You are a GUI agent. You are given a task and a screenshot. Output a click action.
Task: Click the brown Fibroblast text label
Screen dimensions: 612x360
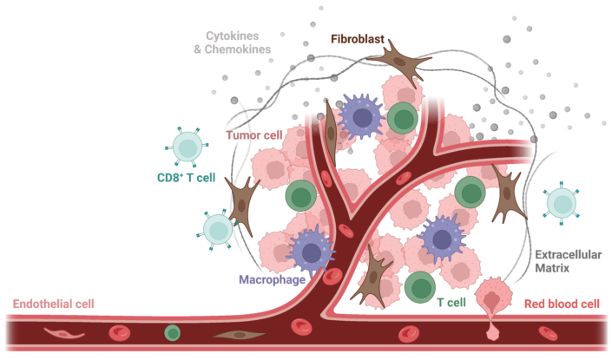pyautogui.click(x=358, y=39)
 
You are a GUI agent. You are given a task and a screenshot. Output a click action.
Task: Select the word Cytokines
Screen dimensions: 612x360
pyautogui.click(x=233, y=36)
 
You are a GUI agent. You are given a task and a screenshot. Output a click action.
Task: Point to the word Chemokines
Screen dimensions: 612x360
pyautogui.click(x=238, y=49)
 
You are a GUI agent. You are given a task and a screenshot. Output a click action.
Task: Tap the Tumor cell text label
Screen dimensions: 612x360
pyautogui.click(x=254, y=135)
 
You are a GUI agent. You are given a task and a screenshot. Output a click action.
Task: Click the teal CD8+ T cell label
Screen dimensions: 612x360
pyautogui.click(x=186, y=178)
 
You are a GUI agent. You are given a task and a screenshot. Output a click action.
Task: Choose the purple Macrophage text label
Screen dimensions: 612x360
pyautogui.click(x=272, y=279)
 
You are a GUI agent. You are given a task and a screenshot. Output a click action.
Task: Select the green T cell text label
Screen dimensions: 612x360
pyautogui.click(x=451, y=303)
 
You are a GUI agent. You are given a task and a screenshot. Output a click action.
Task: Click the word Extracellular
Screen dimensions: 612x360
pyautogui.click(x=568, y=255)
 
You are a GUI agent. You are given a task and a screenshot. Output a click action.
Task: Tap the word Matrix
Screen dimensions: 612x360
pyautogui.click(x=552, y=268)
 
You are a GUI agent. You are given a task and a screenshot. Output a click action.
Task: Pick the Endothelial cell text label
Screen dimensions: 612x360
pyautogui.click(x=54, y=304)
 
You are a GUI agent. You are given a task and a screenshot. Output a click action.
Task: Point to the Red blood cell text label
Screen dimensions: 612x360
pyautogui.click(x=562, y=304)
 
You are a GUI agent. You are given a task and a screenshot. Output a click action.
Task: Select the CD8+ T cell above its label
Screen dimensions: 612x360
pyautogui.click(x=188, y=147)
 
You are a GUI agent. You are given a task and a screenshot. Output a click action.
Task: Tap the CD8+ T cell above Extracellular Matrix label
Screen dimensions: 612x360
pyautogui.click(x=562, y=203)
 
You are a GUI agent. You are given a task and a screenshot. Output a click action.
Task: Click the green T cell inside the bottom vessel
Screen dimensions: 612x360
pyautogui.click(x=172, y=333)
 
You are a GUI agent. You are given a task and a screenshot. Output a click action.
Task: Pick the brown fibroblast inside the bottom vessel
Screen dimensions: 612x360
pyautogui.click(x=239, y=335)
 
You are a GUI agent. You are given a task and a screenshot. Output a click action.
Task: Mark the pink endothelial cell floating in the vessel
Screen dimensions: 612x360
pyautogui.click(x=63, y=333)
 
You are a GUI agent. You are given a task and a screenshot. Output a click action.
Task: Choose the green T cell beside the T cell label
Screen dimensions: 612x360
pyautogui.click(x=420, y=287)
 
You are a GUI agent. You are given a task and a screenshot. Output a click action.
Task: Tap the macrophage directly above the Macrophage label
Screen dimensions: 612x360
pyautogui.click(x=311, y=252)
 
